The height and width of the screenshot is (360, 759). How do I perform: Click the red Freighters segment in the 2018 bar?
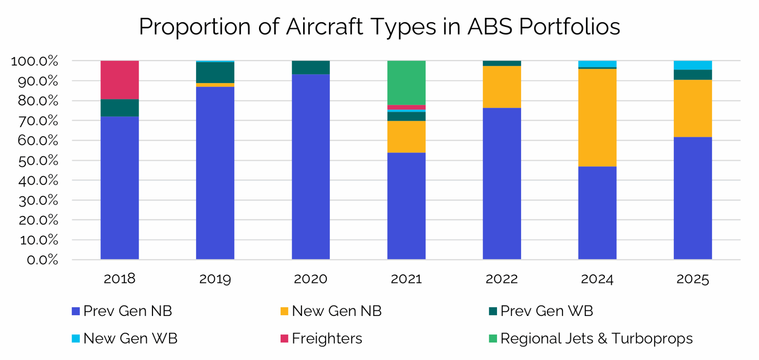120,80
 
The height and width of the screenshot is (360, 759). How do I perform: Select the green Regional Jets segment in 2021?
406,83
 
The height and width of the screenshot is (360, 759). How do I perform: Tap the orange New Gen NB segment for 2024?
597,117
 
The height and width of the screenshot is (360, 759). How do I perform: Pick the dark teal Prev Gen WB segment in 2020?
311,67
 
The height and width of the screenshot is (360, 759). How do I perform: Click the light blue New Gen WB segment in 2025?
692,65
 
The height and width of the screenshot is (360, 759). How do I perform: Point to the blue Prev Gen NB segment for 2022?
501,183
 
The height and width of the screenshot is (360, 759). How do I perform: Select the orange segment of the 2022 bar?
501,87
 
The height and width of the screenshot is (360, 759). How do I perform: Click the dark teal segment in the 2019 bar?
215,73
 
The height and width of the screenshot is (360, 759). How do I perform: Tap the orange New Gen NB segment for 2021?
406,137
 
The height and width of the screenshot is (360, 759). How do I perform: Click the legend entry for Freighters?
327,338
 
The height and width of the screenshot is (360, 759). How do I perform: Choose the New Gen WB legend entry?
130,338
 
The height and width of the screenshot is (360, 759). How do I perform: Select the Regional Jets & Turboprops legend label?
596,338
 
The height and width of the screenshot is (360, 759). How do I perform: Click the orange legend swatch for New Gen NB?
284,311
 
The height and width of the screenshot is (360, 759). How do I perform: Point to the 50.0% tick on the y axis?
38,161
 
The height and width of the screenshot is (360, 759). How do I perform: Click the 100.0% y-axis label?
34,61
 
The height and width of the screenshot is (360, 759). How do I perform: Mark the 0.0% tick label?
42,260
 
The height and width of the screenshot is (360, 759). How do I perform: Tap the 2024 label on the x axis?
597,279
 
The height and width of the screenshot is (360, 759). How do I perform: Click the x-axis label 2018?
120,279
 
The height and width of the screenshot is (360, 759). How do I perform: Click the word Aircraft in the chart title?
324,27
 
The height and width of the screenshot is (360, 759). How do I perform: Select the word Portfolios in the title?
569,27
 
